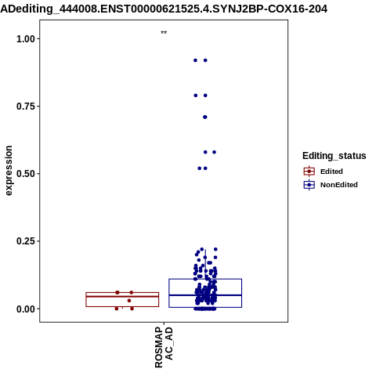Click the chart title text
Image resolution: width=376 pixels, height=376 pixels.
(164, 9)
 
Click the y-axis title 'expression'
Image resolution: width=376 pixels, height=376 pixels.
(9, 171)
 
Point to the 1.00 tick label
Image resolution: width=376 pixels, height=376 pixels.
(26, 39)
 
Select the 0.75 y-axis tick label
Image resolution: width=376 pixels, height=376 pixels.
(26, 107)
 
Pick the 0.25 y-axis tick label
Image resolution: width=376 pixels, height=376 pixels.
(26, 241)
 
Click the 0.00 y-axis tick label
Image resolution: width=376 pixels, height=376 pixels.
(26, 309)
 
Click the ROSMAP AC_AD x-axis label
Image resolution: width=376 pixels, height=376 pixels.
(164, 347)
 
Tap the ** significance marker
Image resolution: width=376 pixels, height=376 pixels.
(164, 33)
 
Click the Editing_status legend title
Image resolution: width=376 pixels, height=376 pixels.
(334, 156)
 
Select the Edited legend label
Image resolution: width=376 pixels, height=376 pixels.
(331, 172)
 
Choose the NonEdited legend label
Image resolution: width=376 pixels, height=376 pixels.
(339, 185)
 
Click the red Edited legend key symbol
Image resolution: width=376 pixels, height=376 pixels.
(309, 172)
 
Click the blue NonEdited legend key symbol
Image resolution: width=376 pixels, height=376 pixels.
(309, 185)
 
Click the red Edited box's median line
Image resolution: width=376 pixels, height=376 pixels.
(122, 296)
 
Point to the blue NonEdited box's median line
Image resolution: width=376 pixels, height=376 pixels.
(205, 295)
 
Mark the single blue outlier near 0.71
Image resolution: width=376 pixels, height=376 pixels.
(205, 117)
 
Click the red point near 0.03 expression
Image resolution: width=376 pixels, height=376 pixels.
(129, 301)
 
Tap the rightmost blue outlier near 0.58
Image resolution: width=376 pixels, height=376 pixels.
(214, 152)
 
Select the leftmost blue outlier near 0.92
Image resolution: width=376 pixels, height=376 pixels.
(195, 60)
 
